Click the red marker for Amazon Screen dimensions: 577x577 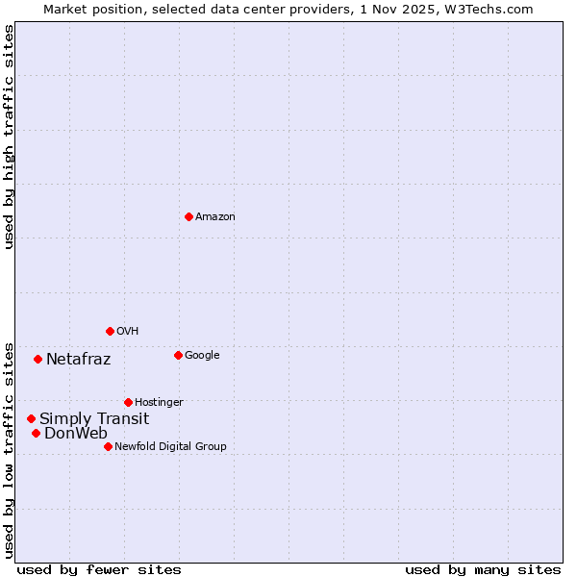click(x=188, y=216)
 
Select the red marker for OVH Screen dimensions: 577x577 click(x=110, y=331)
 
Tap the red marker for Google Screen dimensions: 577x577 click(x=178, y=355)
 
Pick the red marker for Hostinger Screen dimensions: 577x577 click(x=128, y=402)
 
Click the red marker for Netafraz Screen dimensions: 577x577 click(x=38, y=359)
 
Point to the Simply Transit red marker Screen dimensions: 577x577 click(x=31, y=418)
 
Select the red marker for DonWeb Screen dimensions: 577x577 click(x=36, y=433)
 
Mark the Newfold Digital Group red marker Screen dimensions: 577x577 click(x=108, y=446)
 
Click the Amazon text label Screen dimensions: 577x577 click(x=215, y=216)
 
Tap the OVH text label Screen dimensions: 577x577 click(x=128, y=331)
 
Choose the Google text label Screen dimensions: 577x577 click(x=202, y=355)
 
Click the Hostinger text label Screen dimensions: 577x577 click(x=159, y=402)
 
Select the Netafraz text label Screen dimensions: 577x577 click(x=78, y=360)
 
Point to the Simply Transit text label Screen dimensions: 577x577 click(x=94, y=418)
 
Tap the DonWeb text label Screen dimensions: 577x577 click(x=76, y=433)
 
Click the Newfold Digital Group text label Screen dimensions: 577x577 click(x=170, y=446)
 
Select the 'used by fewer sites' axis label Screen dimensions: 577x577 click(x=99, y=569)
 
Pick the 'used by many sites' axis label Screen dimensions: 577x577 click(x=483, y=569)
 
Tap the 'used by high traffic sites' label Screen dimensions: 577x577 click(x=10, y=137)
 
